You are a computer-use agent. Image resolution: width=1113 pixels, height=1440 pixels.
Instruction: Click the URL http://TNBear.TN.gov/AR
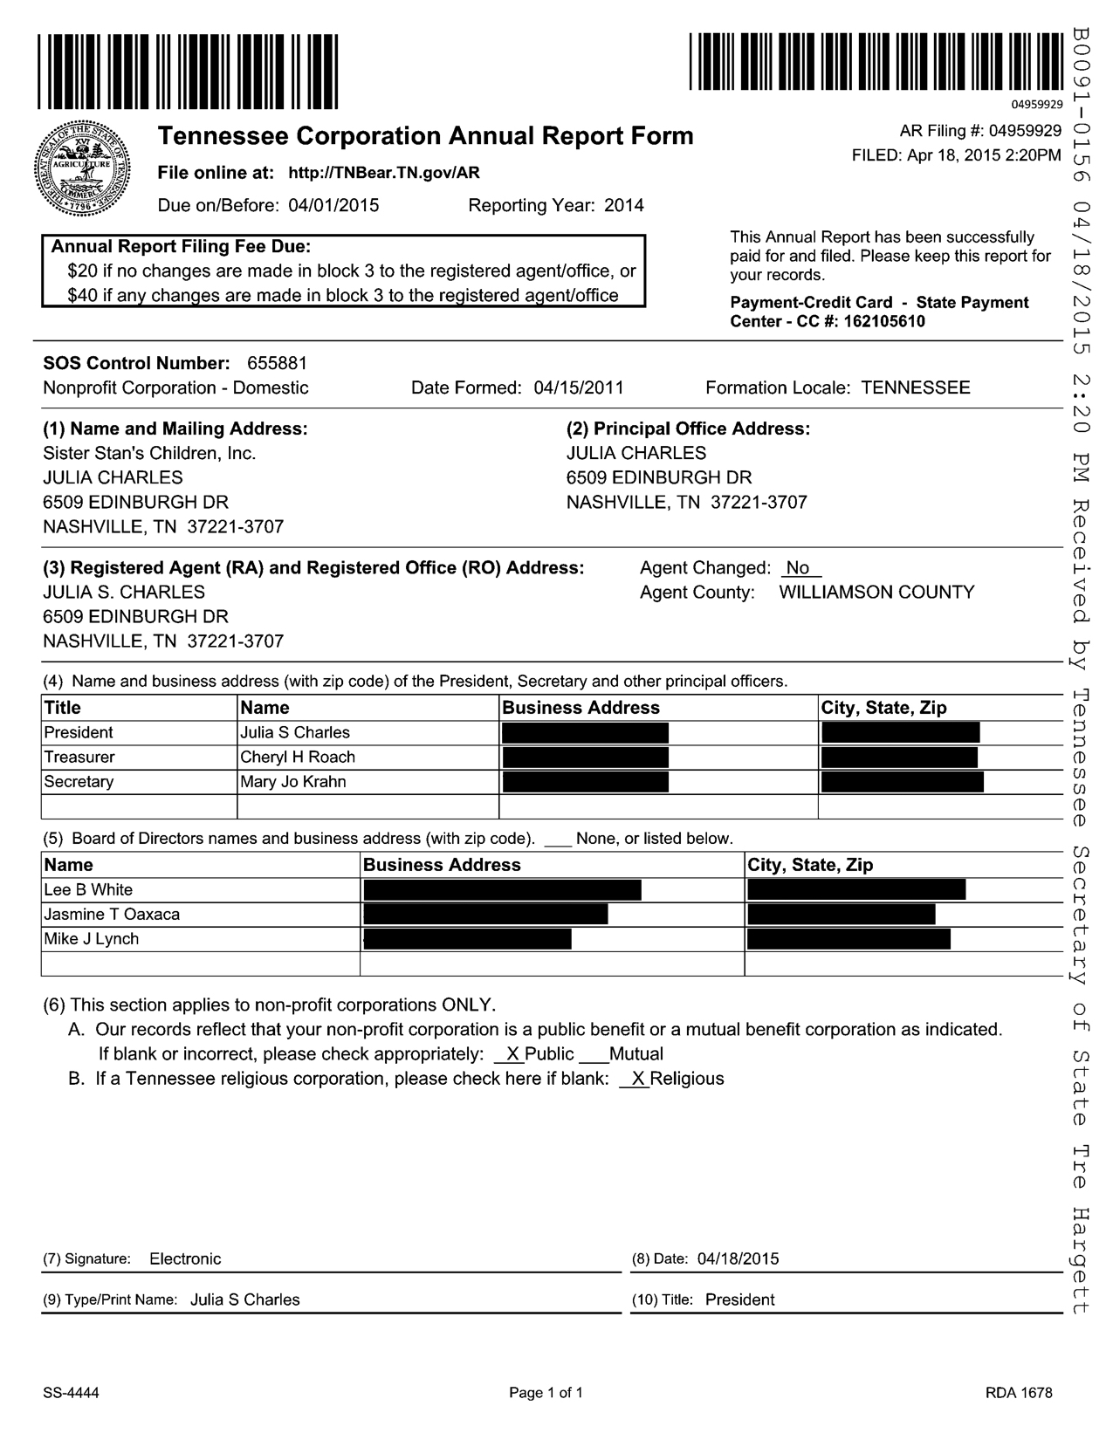point(384,173)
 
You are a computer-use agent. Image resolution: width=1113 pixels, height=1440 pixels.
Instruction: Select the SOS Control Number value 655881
point(278,363)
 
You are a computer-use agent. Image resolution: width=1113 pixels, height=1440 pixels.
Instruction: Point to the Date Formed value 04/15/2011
point(579,387)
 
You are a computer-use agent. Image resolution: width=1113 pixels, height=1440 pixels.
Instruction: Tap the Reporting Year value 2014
point(624,206)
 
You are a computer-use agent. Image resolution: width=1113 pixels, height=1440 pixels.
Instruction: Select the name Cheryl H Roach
point(298,757)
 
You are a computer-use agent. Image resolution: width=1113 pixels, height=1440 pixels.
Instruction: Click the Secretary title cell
point(79,781)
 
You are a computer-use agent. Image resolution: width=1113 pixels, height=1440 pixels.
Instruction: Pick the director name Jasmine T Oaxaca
point(112,915)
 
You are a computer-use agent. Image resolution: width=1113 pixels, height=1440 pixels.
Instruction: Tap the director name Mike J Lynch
point(92,939)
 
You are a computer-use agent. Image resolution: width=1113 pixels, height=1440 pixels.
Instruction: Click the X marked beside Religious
point(638,1079)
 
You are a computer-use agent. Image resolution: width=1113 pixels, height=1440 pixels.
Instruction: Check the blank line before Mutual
point(594,1055)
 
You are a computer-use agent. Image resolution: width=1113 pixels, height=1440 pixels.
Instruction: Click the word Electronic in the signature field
point(185,1258)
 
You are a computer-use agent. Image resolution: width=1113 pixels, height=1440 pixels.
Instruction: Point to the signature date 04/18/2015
point(739,1258)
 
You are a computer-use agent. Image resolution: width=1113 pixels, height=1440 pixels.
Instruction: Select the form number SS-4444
point(71,1393)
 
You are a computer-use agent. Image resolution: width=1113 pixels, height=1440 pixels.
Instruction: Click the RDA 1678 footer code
point(1019,1393)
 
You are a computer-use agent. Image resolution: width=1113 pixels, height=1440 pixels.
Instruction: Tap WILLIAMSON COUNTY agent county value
point(876,593)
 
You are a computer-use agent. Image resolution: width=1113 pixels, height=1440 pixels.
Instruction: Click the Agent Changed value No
point(798,568)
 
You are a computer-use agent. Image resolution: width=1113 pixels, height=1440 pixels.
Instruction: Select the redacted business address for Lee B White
point(502,890)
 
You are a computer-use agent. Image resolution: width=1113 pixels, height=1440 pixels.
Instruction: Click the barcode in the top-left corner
point(188,72)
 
